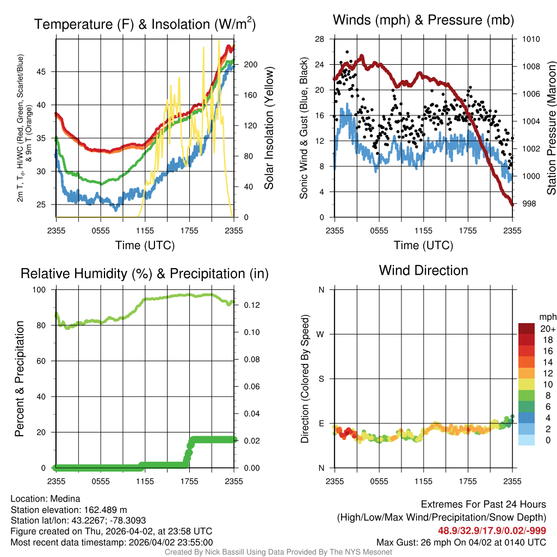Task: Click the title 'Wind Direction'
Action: click(x=423, y=270)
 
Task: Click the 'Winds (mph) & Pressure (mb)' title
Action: click(x=423, y=21)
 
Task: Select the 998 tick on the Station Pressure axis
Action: click(x=530, y=203)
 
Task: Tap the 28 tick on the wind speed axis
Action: click(x=320, y=39)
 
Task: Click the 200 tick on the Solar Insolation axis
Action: click(x=250, y=64)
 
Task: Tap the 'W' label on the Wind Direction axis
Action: click(x=321, y=335)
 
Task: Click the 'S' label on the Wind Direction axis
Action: click(x=321, y=379)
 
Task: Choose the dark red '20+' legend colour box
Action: click(x=527, y=329)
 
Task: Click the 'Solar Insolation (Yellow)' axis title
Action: click(x=269, y=128)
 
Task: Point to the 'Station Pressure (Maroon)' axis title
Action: click(x=551, y=128)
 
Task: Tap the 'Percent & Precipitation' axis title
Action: click(x=20, y=379)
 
